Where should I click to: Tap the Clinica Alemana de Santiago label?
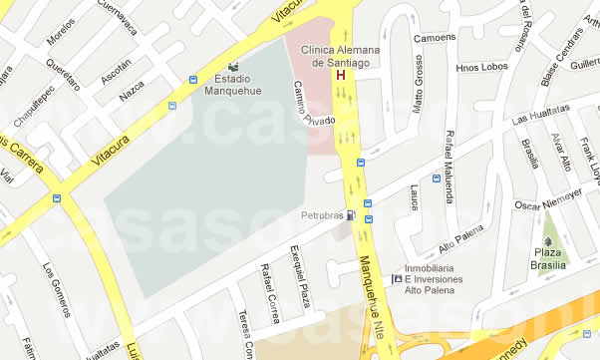pos(346,56)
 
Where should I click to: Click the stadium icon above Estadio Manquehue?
pos(232,66)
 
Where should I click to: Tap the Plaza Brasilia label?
pos(549,259)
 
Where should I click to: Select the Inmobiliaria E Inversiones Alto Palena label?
pos(434,285)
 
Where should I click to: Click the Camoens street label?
pos(434,38)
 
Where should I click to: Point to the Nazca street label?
pos(131,92)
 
